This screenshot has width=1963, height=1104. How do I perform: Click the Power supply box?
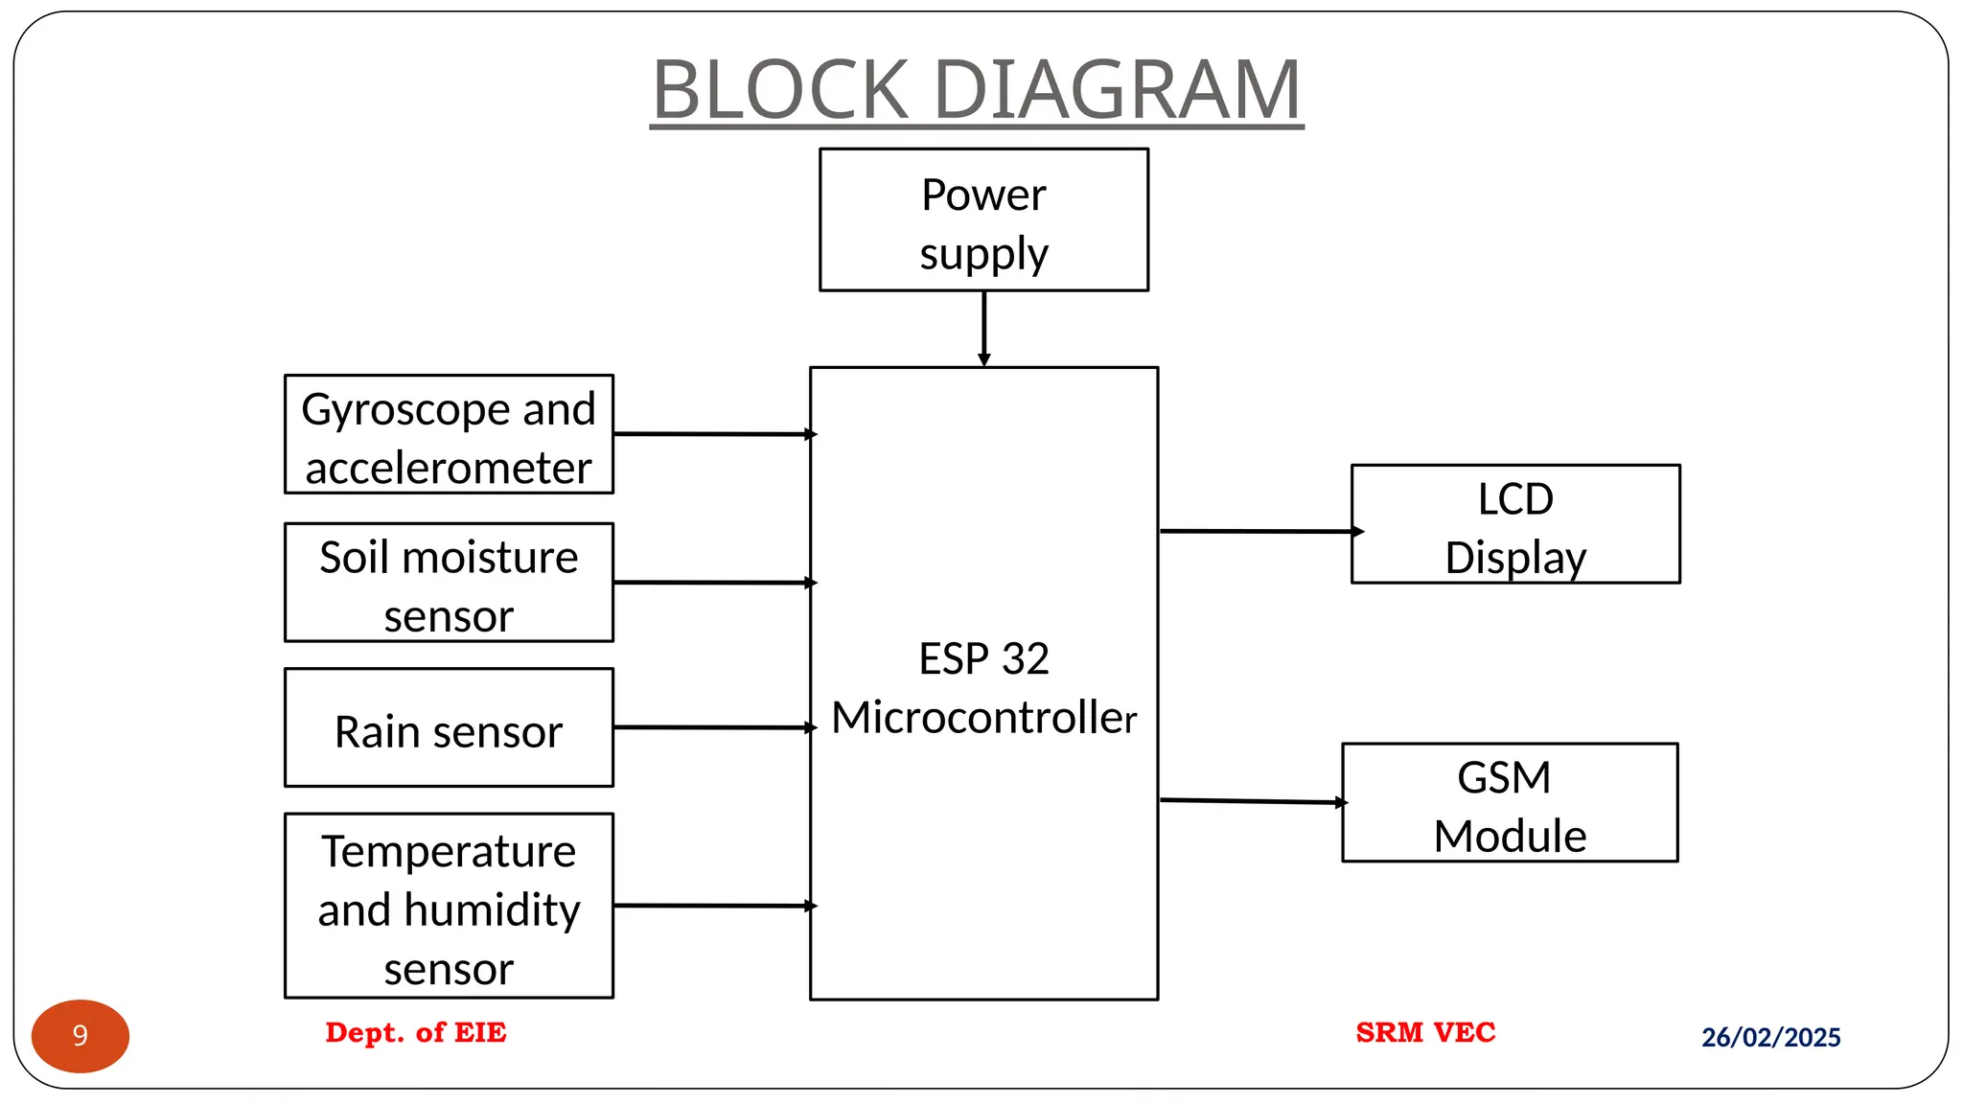(x=983, y=219)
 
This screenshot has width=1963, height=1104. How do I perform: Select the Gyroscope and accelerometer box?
(x=449, y=434)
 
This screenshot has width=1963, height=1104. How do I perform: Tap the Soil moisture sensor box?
(x=449, y=583)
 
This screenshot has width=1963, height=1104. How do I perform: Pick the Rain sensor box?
(x=449, y=728)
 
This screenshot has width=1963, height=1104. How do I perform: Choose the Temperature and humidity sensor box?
(x=449, y=907)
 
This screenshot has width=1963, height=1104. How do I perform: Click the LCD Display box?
(x=1514, y=524)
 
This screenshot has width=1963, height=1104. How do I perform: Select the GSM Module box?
(x=1510, y=803)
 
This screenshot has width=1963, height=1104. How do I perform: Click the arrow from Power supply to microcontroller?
(x=983, y=329)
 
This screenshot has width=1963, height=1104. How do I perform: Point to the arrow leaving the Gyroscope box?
(x=713, y=434)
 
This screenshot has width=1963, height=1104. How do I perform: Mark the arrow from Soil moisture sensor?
(x=713, y=582)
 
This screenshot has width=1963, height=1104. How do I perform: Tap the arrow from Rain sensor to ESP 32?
(x=713, y=727)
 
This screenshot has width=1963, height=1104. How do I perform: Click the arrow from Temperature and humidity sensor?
(x=713, y=905)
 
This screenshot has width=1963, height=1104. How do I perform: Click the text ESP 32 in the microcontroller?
(x=983, y=659)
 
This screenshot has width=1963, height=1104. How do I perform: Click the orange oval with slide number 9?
(x=81, y=1036)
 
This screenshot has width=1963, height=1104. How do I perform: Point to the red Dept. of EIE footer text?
(x=415, y=1032)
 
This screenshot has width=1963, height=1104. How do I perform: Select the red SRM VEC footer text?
(x=1425, y=1032)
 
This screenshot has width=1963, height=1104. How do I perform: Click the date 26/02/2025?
(x=1770, y=1037)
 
